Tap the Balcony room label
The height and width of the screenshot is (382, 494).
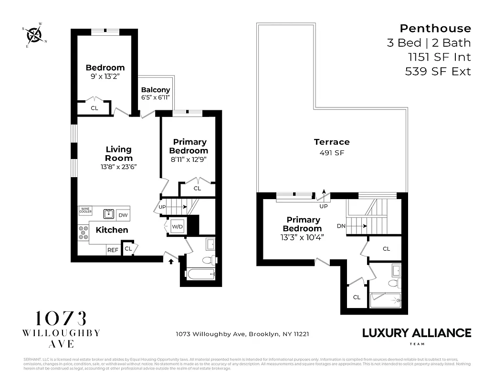[156, 90]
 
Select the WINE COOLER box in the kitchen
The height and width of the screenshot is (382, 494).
[85, 211]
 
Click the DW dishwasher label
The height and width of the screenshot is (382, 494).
[123, 215]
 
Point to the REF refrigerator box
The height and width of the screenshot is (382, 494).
[113, 250]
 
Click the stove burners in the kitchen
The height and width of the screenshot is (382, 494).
[83, 232]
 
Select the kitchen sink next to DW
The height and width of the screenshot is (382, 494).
[109, 214]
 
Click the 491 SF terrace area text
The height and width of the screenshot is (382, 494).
[331, 153]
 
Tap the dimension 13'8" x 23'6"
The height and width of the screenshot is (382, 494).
[119, 167]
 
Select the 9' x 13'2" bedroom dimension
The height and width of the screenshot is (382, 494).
[105, 76]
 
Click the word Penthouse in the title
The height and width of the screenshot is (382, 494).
[435, 29]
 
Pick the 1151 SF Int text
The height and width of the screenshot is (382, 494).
[439, 57]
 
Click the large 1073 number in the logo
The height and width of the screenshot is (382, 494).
[62, 319]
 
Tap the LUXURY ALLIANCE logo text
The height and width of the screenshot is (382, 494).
[416, 332]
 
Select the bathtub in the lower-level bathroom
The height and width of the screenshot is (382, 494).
[200, 274]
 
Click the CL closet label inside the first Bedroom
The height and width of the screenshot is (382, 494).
[95, 108]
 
